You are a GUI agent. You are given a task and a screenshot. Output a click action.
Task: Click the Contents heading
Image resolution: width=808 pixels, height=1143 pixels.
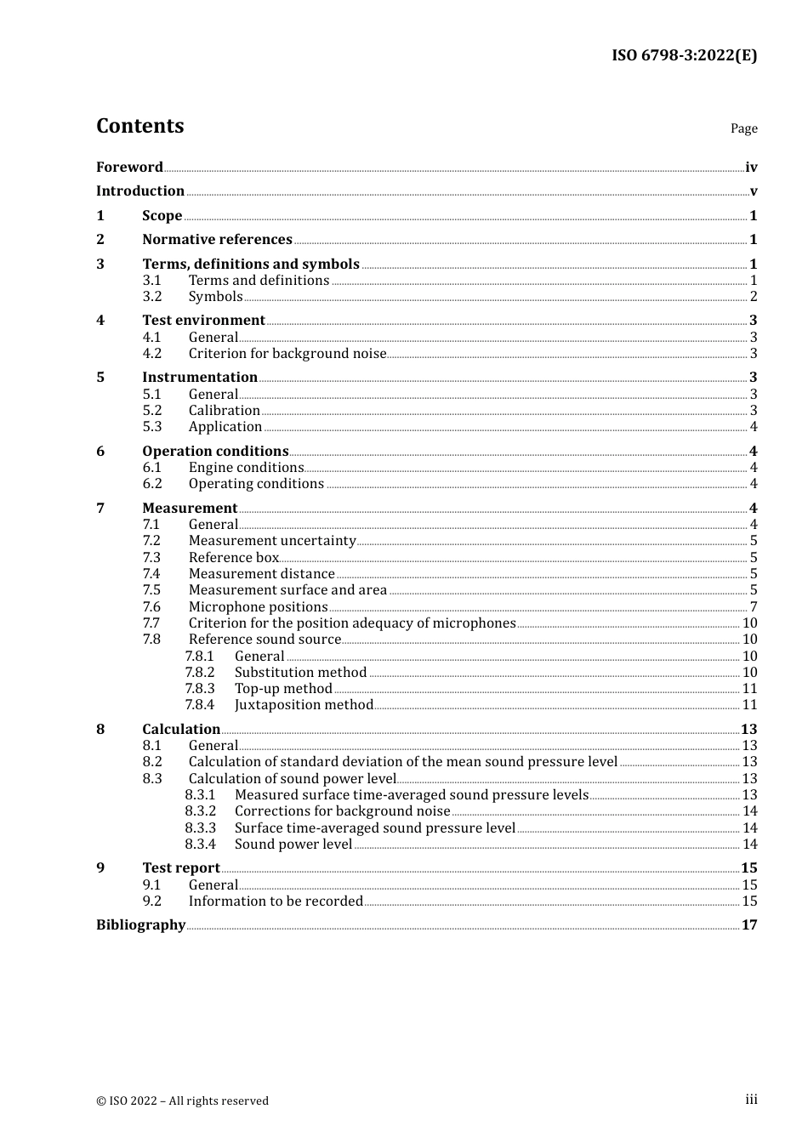tap(139, 126)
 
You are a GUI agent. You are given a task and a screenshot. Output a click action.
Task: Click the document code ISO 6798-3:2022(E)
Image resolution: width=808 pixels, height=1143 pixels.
tap(684, 55)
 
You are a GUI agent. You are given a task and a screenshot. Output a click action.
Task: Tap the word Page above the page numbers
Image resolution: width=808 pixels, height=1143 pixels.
tap(743, 128)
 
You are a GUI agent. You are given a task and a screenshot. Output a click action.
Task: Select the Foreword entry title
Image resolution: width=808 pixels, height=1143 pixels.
tap(129, 167)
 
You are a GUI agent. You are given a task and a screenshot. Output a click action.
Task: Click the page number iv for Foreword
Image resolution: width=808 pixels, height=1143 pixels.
tap(751, 168)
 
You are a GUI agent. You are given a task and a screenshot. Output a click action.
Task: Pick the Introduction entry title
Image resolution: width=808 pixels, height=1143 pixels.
tap(140, 191)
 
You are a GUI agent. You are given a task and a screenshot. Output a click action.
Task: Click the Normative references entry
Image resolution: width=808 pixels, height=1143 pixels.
tap(217, 240)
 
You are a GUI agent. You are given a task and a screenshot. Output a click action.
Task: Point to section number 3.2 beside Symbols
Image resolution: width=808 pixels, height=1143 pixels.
tap(152, 297)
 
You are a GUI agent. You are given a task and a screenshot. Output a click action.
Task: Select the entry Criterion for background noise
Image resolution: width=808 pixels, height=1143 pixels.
tap(287, 354)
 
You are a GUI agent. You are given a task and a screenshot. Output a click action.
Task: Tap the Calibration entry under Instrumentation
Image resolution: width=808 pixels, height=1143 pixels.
tap(225, 411)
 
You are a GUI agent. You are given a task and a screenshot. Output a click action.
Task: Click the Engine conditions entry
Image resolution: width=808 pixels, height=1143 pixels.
tap(246, 468)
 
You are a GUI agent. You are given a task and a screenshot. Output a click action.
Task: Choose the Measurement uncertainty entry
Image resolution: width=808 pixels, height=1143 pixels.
tap(272, 541)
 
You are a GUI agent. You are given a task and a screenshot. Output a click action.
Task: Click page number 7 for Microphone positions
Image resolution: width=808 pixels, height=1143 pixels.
tap(754, 607)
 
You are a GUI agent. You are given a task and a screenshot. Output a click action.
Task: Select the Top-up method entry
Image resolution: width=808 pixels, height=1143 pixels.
tap(283, 689)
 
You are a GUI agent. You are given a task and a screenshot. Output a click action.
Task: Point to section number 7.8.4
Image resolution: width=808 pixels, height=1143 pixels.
tap(200, 705)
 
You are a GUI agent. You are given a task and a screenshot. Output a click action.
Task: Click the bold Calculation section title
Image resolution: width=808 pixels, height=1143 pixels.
tap(181, 730)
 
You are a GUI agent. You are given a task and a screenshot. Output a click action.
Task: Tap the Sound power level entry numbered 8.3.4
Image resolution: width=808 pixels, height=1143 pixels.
tap(293, 844)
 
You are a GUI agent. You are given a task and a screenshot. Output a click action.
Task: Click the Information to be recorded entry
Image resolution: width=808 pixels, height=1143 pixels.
tap(276, 901)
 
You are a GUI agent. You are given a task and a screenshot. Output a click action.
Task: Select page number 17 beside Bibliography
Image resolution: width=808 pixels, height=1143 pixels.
tap(749, 925)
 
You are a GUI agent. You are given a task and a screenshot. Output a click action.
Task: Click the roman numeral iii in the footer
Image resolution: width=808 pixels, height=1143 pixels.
tap(751, 1100)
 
